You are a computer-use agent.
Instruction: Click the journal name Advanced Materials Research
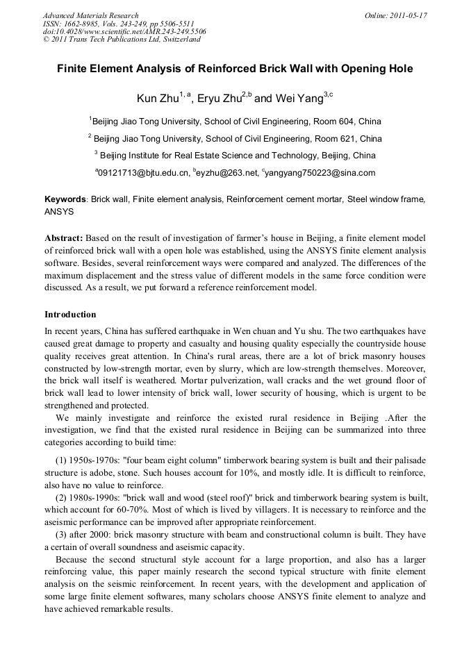click(90, 15)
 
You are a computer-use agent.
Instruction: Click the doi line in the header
click(124, 31)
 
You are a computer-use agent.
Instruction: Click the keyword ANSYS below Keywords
click(59, 210)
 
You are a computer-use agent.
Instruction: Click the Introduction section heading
click(70, 315)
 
